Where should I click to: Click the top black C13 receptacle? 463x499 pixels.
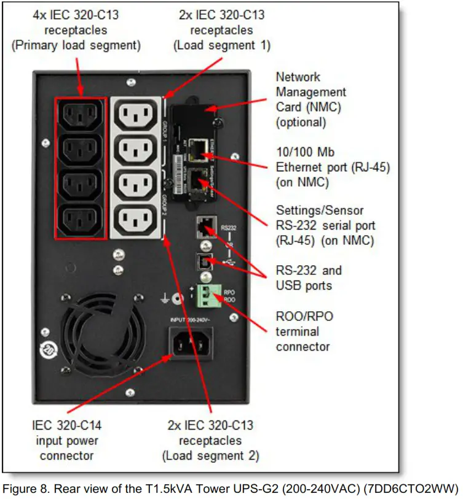(79, 114)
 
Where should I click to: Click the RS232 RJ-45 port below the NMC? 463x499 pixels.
(205, 227)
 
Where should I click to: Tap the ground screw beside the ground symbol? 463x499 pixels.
(177, 299)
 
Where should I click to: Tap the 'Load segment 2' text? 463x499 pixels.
(210, 455)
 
